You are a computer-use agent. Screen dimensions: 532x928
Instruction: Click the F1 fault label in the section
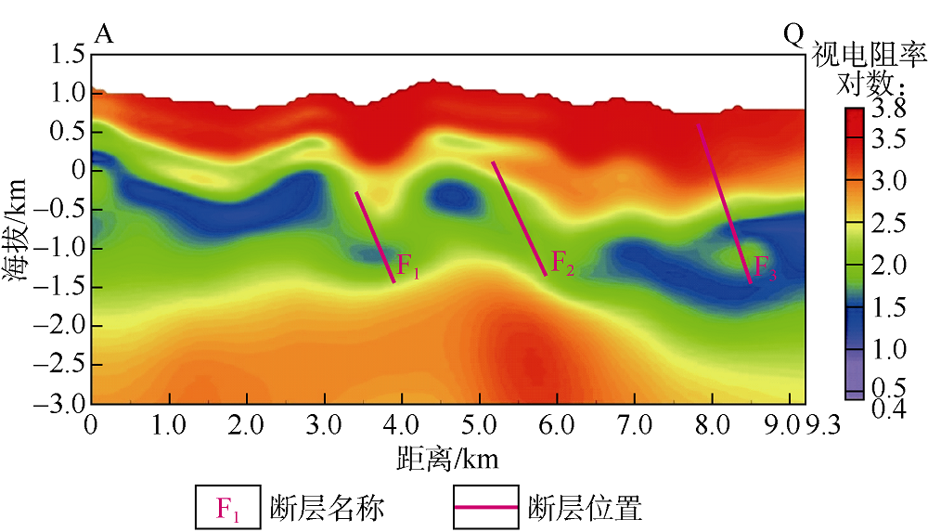409,266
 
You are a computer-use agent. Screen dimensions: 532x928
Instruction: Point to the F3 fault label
765,267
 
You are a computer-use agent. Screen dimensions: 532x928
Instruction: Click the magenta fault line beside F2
519,218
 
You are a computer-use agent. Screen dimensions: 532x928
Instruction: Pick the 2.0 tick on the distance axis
246,425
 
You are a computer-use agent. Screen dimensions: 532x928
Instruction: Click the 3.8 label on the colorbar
893,110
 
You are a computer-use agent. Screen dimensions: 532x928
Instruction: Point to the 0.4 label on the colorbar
893,409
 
